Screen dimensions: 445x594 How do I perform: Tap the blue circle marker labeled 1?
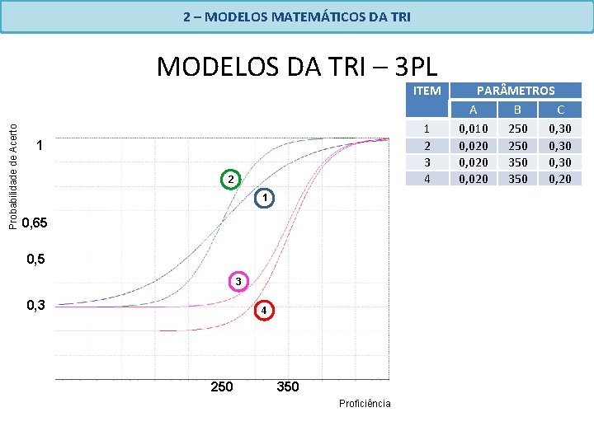(262, 198)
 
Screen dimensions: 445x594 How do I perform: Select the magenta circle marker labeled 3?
(238, 282)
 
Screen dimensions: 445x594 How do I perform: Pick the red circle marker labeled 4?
(262, 311)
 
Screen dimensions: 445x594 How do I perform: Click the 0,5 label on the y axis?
(35, 260)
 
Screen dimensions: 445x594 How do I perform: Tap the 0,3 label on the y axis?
(35, 306)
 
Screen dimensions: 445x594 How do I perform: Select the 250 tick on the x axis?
(222, 386)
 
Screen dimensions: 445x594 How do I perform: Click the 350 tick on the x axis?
(288, 386)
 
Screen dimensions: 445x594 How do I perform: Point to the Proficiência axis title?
(365, 403)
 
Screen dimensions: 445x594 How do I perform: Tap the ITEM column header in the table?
(427, 91)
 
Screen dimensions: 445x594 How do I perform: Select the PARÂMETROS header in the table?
(516, 91)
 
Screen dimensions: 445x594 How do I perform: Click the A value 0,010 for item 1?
(473, 129)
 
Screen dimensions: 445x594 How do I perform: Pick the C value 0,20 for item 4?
(560, 178)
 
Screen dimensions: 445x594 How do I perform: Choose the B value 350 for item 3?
(517, 162)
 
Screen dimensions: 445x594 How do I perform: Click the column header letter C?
(560, 110)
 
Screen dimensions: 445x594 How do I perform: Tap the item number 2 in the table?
(427, 145)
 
